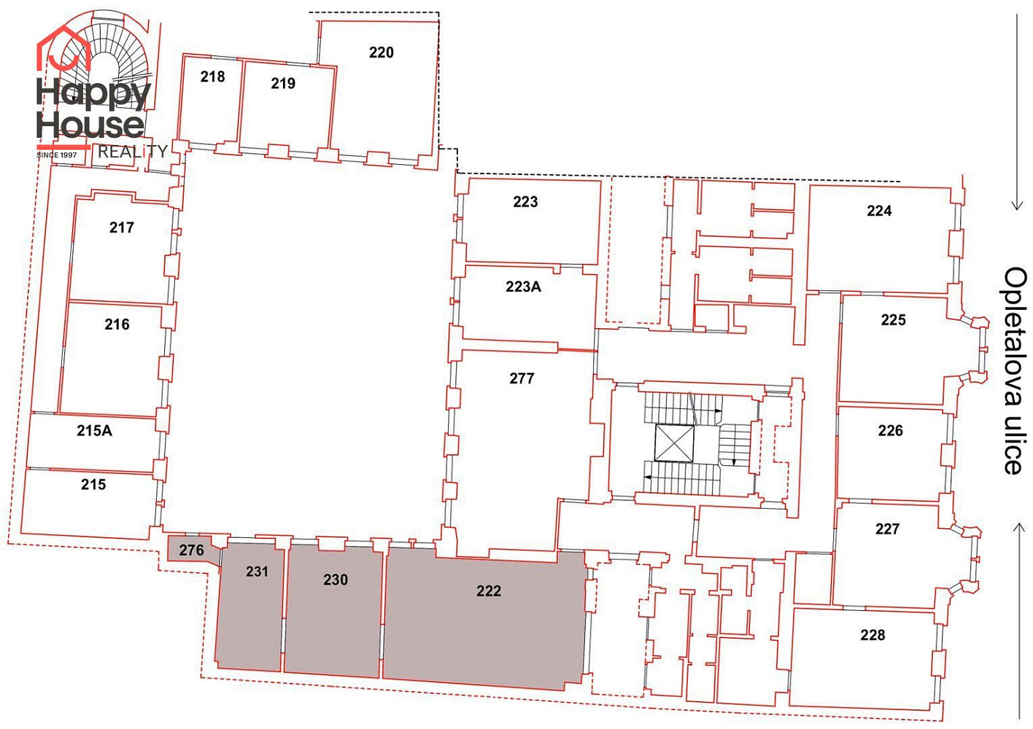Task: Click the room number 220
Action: point(381,52)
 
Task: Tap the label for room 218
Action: point(212,77)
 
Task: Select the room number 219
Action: point(283,83)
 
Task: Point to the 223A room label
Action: point(523,286)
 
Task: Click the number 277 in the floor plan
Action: point(522,378)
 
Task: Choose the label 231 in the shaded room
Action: point(257,572)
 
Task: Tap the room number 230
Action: point(336,580)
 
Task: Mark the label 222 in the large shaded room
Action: point(488,590)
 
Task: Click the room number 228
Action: point(873,635)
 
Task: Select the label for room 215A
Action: point(94,430)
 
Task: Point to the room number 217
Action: point(121,227)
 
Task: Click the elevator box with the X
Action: point(674,443)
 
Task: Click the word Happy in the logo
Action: point(93,93)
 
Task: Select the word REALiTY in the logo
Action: point(132,152)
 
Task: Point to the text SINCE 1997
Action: point(57,155)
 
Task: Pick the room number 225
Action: point(893,320)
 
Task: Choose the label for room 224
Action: point(879,211)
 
